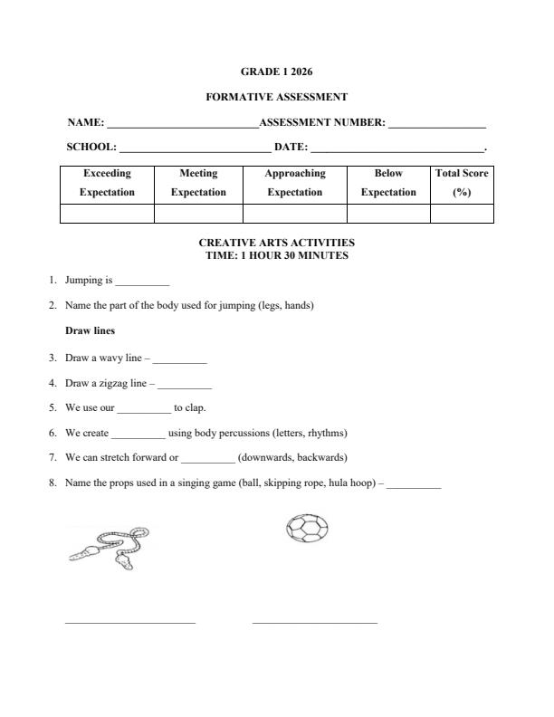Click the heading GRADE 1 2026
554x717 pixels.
[x=276, y=71]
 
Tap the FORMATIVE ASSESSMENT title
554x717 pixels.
[x=276, y=97]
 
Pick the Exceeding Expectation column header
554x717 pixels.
[x=107, y=183]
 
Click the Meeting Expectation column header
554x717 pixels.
[x=198, y=183]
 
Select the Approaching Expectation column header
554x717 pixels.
[x=294, y=183]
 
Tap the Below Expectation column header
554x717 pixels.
[x=388, y=183]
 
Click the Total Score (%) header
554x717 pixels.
[x=462, y=183]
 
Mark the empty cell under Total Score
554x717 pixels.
[x=462, y=214]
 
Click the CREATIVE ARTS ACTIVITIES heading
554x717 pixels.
[x=276, y=243]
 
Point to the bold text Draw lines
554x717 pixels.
[x=90, y=331]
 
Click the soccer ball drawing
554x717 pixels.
[x=307, y=528]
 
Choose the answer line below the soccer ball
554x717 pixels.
[x=314, y=622]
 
